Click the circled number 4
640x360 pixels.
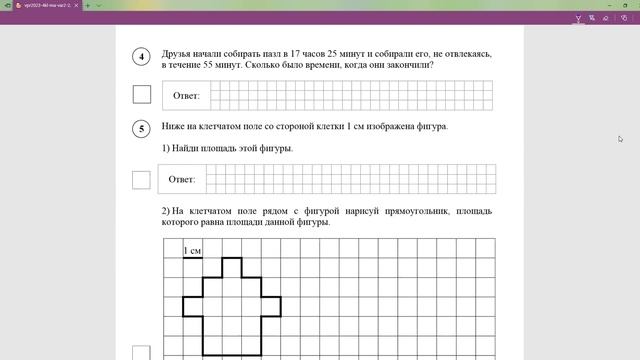[x=141, y=57]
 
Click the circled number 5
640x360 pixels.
[x=141, y=128]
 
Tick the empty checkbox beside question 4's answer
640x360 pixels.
[x=141, y=95]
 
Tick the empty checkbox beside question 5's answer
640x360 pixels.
[x=141, y=180]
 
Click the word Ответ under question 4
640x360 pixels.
[x=186, y=96]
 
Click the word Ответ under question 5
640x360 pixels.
[x=181, y=180]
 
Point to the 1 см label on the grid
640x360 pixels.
[x=192, y=250]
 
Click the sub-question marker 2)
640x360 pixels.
[x=166, y=211]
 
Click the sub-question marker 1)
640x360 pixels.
[x=166, y=149]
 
